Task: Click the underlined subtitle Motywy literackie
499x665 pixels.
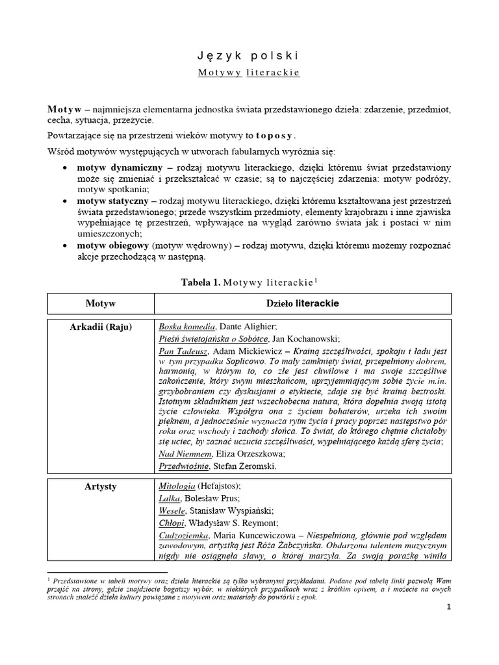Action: coord(249,73)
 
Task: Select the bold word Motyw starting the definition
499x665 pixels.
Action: coord(64,108)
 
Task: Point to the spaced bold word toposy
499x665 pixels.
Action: coord(275,136)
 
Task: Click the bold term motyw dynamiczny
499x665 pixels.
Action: coord(115,167)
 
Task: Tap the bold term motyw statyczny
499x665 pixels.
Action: coord(110,201)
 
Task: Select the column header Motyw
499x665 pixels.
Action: coord(100,303)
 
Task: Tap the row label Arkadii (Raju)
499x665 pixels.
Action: coord(100,327)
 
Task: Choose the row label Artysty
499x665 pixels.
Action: coord(100,486)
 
